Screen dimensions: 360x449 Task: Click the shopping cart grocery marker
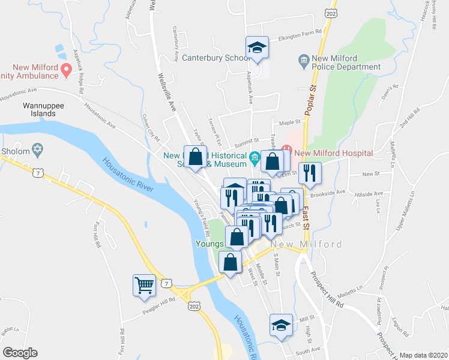click(144, 286)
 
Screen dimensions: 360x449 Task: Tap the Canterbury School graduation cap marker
click(257, 47)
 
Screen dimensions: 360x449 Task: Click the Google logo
click(20, 352)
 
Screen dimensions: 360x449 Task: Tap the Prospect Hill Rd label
click(327, 288)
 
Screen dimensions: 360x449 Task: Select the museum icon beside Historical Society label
click(255, 158)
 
